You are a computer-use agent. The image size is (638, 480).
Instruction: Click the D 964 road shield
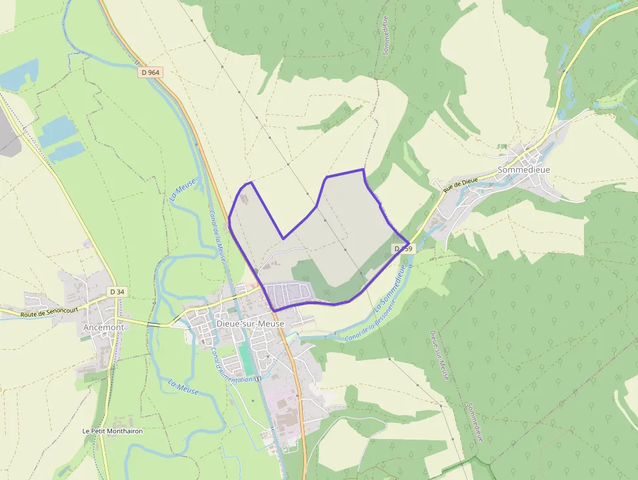150,73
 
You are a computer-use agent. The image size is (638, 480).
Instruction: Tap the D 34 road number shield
118,292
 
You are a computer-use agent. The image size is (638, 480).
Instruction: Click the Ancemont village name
104,327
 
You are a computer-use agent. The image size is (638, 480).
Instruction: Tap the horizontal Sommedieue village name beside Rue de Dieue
523,169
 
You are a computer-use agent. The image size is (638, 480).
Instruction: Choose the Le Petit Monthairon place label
113,431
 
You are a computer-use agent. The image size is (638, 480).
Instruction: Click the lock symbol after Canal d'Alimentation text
258,379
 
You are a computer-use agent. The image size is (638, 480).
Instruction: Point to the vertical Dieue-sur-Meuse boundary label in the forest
439,356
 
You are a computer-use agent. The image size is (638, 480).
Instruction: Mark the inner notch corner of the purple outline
283,238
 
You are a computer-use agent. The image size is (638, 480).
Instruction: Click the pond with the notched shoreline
19,74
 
